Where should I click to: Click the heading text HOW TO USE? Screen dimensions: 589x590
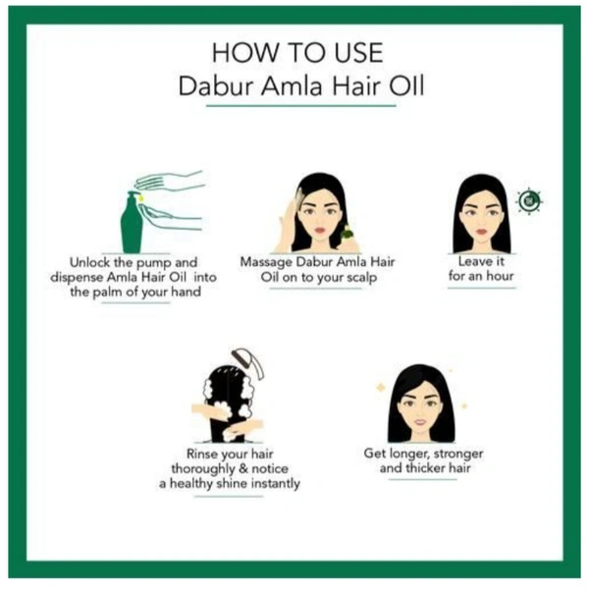tap(297, 53)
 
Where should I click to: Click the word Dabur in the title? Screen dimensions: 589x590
tap(215, 85)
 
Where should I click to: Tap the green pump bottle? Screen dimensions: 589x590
tap(132, 223)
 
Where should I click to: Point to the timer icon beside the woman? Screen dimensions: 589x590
tap(529, 201)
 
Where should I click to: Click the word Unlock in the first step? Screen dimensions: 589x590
tap(89, 262)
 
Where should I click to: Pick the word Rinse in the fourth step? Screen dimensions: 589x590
tap(202, 454)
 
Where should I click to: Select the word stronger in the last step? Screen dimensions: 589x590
tap(458, 454)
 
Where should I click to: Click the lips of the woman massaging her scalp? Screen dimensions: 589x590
tap(320, 230)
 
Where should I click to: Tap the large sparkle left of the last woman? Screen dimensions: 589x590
tap(381, 387)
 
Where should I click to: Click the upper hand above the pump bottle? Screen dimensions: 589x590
tap(170, 181)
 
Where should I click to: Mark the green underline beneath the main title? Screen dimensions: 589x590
tap(301, 106)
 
